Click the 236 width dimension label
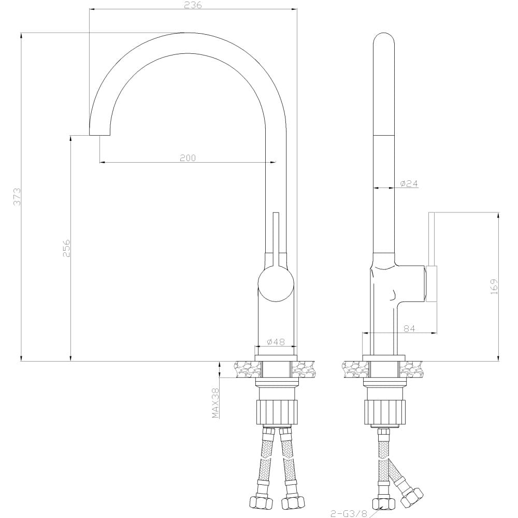(x=193, y=5)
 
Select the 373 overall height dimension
(x=17, y=196)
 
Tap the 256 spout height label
(x=66, y=248)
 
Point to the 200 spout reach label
(x=188, y=158)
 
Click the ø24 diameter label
(x=409, y=184)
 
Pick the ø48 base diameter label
(x=276, y=341)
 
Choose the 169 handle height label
(x=494, y=287)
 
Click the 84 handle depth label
(x=409, y=328)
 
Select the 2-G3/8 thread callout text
(x=349, y=513)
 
